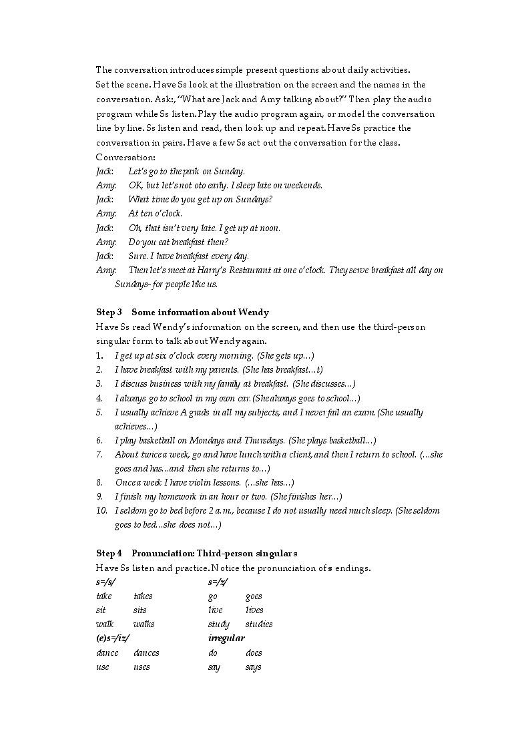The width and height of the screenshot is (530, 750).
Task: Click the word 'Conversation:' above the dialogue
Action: click(x=125, y=157)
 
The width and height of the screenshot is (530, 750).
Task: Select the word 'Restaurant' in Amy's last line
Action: click(x=243, y=270)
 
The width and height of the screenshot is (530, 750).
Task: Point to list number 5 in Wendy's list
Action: click(x=99, y=413)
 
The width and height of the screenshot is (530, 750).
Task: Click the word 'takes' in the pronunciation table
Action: click(x=143, y=596)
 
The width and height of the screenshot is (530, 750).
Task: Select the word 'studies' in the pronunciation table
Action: click(x=259, y=624)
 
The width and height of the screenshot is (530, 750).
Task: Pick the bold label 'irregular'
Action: click(x=226, y=638)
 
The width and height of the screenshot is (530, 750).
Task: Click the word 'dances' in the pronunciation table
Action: click(x=146, y=653)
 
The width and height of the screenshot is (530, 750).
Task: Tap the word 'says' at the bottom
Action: click(x=253, y=667)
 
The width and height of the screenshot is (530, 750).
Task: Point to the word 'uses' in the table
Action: click(x=142, y=667)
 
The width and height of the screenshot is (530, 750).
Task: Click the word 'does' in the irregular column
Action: click(x=254, y=653)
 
